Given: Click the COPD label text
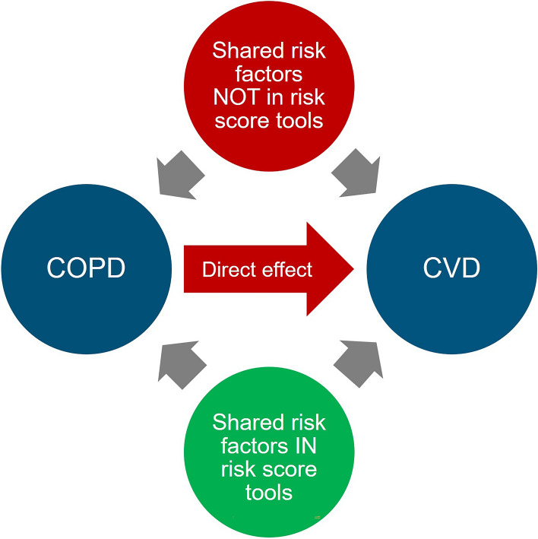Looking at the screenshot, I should pyautogui.click(x=85, y=270).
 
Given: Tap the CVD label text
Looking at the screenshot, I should pyautogui.click(x=451, y=270).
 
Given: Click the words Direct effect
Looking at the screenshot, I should pyautogui.click(x=257, y=270).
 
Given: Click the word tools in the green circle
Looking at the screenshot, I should pyautogui.click(x=269, y=493).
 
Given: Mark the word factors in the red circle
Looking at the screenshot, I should pyautogui.click(x=269, y=75).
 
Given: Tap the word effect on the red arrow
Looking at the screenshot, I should pyautogui.click(x=286, y=270).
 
